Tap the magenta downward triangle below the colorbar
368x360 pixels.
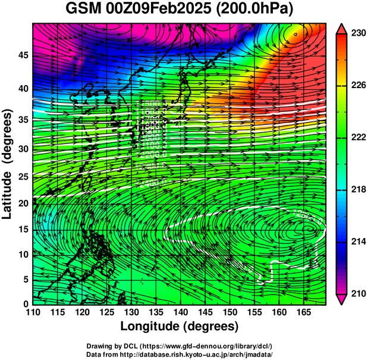(x=342, y=300)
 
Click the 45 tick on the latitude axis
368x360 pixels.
(x=23, y=55)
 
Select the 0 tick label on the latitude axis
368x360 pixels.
(x=26, y=304)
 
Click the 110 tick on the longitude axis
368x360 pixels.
(x=33, y=312)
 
